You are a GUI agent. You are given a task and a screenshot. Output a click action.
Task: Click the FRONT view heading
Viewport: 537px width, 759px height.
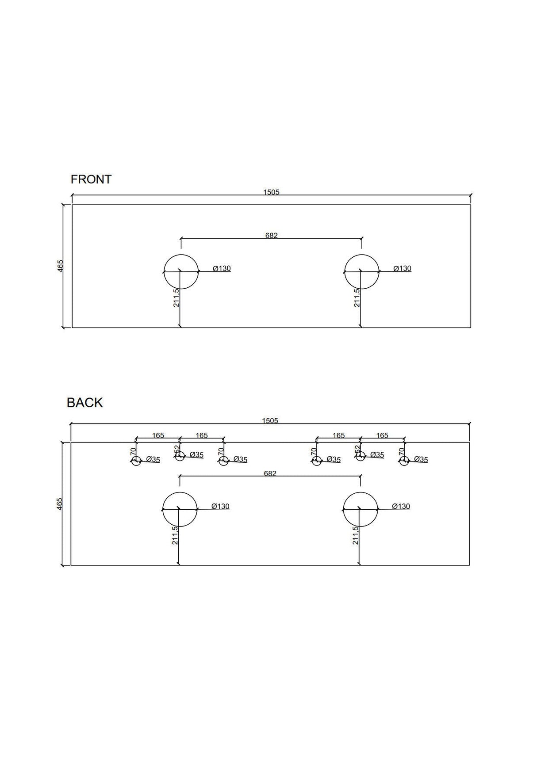tap(91, 179)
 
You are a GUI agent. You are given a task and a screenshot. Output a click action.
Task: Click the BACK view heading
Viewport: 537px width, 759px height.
tap(84, 403)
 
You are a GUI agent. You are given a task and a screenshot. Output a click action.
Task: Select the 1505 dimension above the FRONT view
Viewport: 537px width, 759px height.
tap(271, 192)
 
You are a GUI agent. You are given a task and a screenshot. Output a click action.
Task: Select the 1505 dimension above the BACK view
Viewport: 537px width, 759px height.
tap(270, 420)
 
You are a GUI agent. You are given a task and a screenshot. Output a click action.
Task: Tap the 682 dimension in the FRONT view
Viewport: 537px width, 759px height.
tap(271, 236)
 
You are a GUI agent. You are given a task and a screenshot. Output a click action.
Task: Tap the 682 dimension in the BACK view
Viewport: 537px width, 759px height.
tap(270, 473)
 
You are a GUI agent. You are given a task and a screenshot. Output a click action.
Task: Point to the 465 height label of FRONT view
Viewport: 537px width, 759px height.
tap(61, 266)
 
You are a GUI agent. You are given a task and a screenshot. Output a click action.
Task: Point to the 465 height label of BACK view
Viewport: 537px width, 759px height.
tap(60, 503)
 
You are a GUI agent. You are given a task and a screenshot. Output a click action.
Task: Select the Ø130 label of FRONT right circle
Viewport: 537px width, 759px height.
tap(402, 269)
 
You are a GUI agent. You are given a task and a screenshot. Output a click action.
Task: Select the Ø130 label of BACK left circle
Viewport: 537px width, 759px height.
tap(220, 507)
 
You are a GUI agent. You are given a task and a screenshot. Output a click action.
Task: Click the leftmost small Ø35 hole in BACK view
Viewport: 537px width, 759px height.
tap(136, 461)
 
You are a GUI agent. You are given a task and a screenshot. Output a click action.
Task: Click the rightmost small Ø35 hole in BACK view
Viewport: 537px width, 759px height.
tap(403, 461)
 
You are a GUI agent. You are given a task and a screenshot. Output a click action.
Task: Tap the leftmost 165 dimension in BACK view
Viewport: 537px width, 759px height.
tap(158, 435)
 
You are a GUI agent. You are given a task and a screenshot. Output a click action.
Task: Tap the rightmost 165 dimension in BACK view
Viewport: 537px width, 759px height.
tap(382, 435)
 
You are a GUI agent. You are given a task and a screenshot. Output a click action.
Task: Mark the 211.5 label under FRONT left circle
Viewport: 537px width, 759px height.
tap(176, 298)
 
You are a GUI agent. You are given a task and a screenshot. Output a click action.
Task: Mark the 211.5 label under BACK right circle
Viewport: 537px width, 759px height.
tap(355, 535)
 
